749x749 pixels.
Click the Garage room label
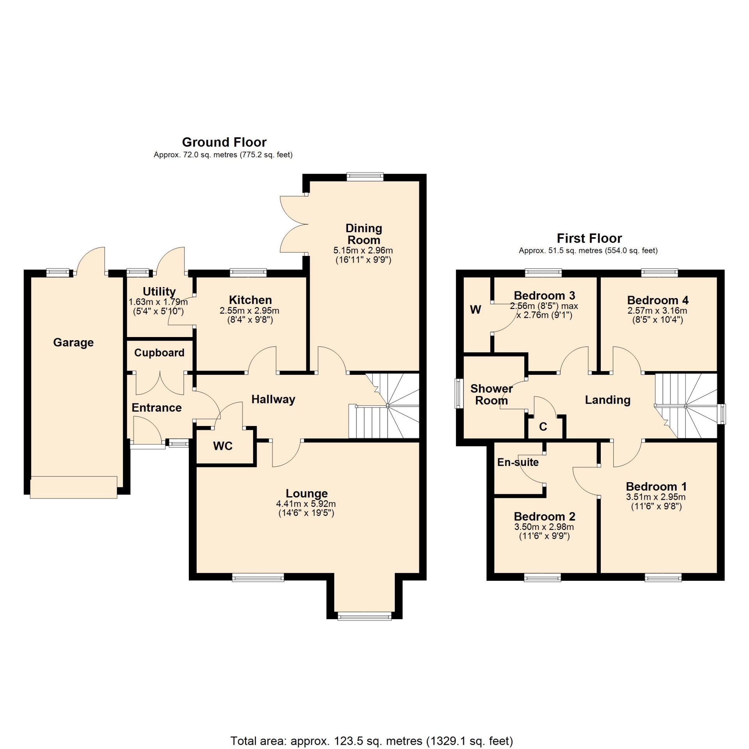(73, 343)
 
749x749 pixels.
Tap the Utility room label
(159, 291)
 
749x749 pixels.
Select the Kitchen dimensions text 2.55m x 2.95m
(249, 311)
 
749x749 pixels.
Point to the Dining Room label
(364, 234)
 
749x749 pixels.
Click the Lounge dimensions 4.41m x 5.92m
(306, 504)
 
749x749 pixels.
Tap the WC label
(223, 446)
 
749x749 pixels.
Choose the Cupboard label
(159, 353)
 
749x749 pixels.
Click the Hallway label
(273, 399)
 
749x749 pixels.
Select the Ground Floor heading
(224, 142)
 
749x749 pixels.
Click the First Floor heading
(589, 238)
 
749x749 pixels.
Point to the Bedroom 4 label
(658, 300)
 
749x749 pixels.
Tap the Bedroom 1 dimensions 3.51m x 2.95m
(656, 497)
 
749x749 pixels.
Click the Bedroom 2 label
(545, 516)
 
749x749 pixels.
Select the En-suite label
(518, 462)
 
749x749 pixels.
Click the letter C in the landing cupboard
(543, 427)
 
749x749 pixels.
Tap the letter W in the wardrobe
(476, 310)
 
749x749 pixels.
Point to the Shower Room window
(459, 393)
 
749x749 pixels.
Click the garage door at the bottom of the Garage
(73, 487)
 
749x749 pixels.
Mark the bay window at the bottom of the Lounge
(364, 616)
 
